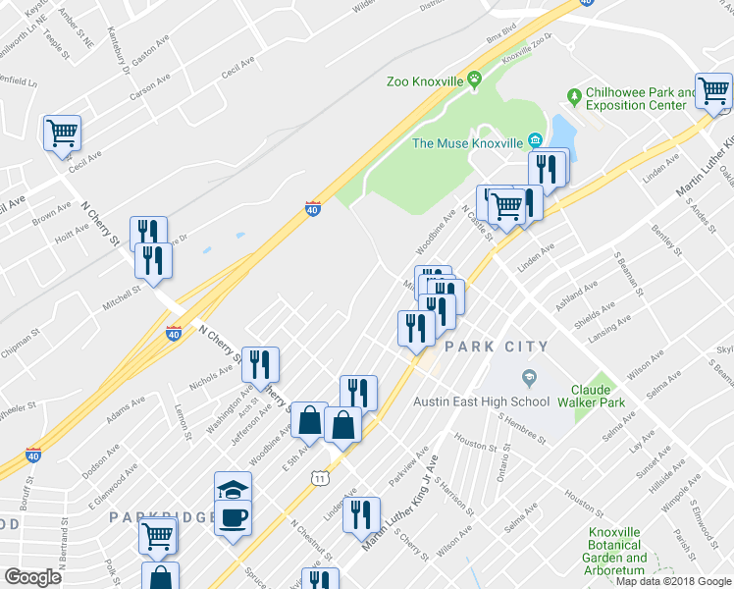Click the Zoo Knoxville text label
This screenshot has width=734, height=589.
click(424, 81)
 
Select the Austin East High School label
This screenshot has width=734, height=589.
click(481, 402)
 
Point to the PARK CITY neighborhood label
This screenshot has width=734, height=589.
click(496, 347)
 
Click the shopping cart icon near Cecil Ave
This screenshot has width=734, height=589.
click(63, 132)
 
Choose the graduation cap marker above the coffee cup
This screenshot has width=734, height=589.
click(234, 489)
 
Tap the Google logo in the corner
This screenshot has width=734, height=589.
click(32, 578)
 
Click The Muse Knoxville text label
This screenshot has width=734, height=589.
click(466, 143)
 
